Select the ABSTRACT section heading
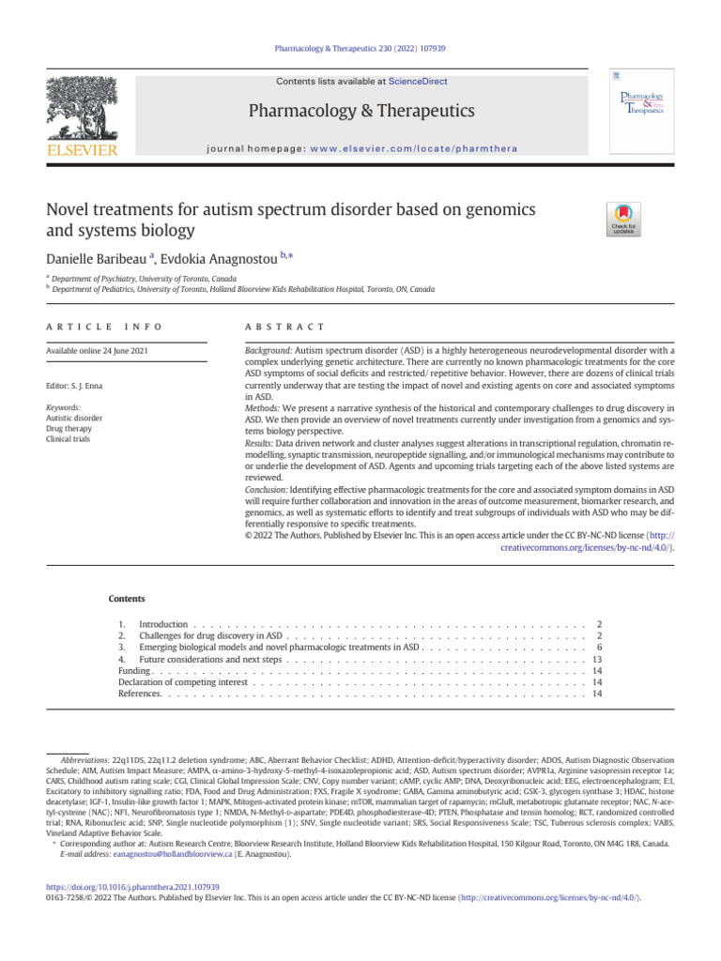(x=284, y=326)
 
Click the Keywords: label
(x=63, y=408)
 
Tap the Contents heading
(x=127, y=597)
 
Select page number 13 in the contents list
(x=596, y=660)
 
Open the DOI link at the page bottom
(x=132, y=886)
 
